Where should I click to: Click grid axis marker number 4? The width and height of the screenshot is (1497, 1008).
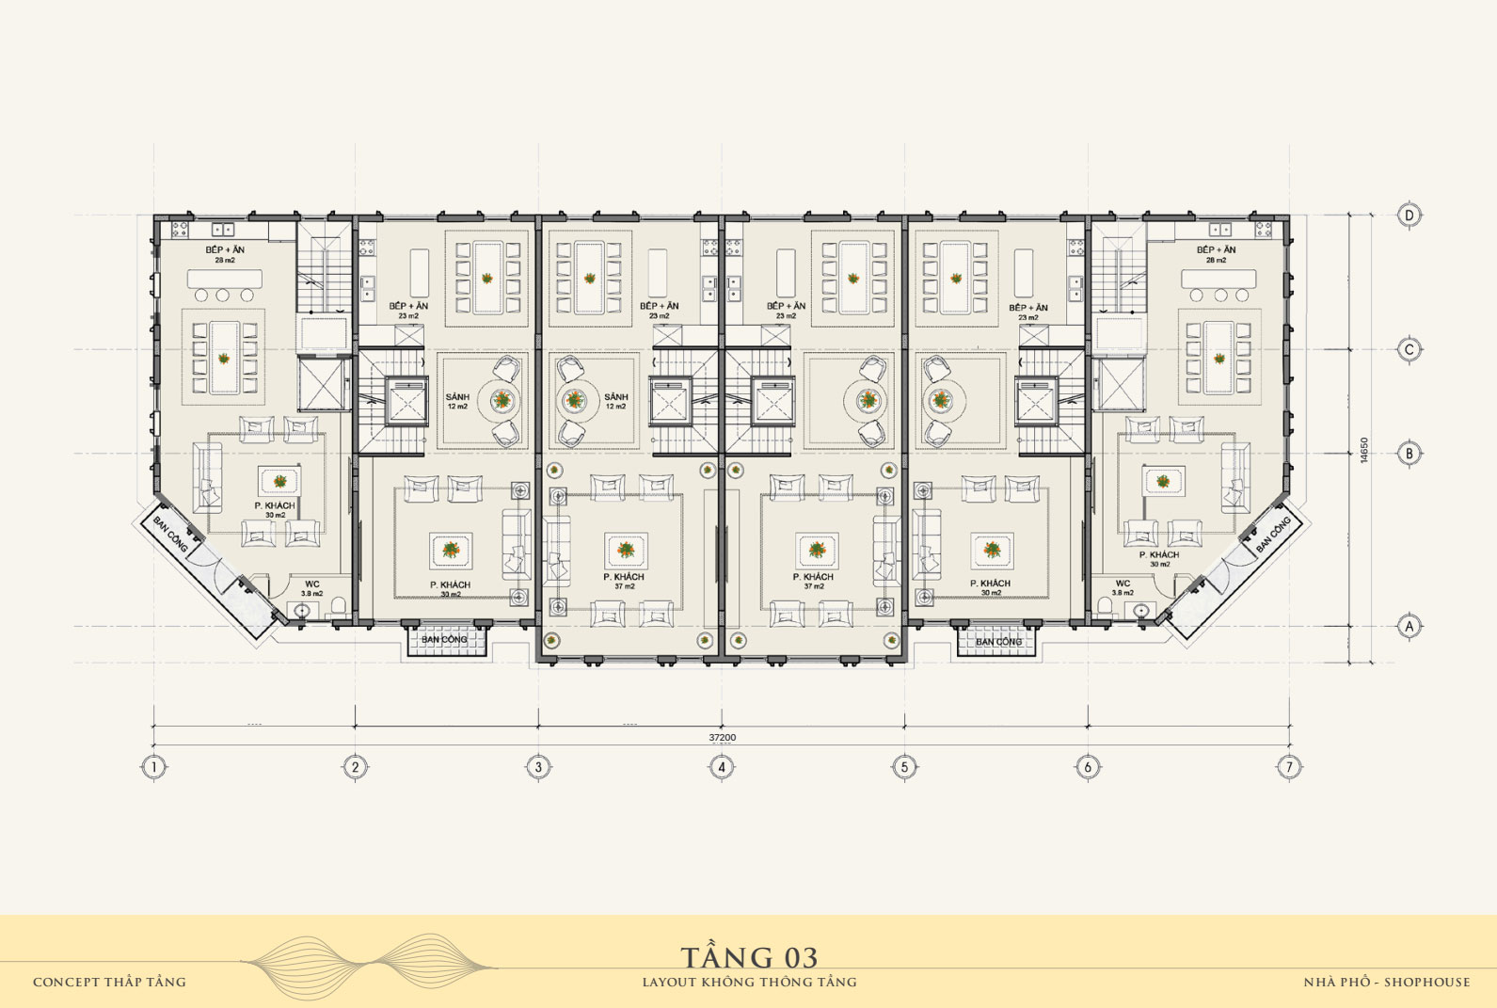(x=722, y=767)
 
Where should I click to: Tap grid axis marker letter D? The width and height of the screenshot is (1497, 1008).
(x=1409, y=216)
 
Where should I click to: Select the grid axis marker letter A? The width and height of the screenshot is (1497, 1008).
(x=1409, y=625)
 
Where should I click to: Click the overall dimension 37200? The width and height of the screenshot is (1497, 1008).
(x=722, y=738)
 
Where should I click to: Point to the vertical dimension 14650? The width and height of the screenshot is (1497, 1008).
(x=1363, y=449)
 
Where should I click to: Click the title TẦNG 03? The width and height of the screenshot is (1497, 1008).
(x=749, y=957)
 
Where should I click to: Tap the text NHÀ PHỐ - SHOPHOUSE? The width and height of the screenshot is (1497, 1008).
(x=1386, y=982)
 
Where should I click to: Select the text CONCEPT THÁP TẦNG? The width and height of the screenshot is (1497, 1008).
(x=109, y=982)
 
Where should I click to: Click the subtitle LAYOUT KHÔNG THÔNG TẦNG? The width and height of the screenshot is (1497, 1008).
(x=749, y=982)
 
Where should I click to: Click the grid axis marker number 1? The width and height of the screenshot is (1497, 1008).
(x=153, y=767)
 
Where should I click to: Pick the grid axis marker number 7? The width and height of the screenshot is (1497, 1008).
(x=1289, y=767)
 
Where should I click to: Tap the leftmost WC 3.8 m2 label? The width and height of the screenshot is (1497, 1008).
(x=311, y=588)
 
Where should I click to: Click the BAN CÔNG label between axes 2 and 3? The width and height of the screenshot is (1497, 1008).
(x=444, y=640)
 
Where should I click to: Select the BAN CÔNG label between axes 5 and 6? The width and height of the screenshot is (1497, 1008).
(x=998, y=642)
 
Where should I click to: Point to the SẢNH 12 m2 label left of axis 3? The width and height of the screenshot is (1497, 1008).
(x=457, y=402)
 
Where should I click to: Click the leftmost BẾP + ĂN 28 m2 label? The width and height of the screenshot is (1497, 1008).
(x=225, y=254)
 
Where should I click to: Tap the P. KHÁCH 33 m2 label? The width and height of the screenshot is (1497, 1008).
(x=450, y=589)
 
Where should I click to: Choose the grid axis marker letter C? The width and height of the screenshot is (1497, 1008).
(x=1409, y=350)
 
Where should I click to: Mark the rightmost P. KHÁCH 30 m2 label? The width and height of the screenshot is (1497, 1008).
(x=1159, y=559)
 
